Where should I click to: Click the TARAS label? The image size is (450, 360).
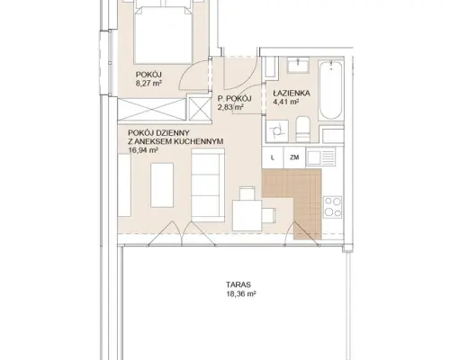238,284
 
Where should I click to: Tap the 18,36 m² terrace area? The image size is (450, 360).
241,294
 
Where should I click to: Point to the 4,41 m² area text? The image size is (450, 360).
285,102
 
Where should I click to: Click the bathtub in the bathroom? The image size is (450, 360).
330,90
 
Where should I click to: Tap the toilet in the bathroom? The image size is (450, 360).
302,130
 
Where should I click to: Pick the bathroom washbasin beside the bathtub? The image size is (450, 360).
298,65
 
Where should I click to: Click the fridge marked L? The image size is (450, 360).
273,157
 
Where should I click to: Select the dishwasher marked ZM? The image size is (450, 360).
294,157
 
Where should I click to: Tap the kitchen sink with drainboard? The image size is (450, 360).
320,157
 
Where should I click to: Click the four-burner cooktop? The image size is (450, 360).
333,207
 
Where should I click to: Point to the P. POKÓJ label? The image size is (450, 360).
235,98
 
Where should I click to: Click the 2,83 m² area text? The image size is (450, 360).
230,107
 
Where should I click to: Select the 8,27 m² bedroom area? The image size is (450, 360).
149,83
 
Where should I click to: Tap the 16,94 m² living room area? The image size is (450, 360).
143,150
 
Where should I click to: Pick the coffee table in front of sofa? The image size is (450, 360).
162,184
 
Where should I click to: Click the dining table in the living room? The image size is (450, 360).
247,215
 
